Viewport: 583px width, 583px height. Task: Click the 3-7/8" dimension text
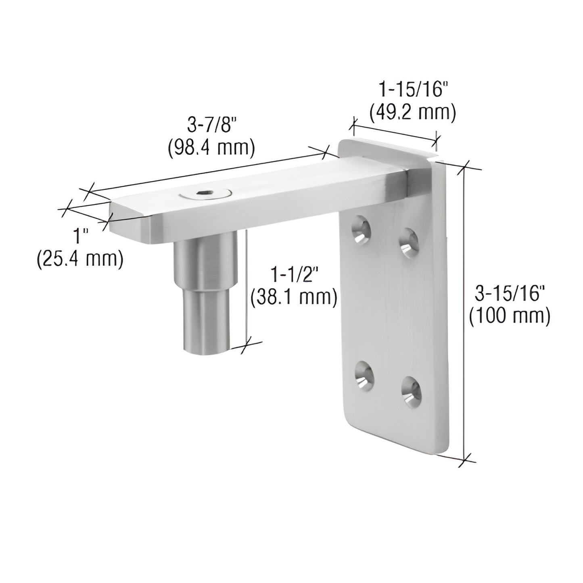coord(211,126)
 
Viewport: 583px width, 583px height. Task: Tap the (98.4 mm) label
coord(211,148)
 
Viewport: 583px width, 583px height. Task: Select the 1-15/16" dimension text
coord(412,89)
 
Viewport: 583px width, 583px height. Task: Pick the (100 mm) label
coord(510,316)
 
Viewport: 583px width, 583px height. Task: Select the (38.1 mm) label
coord(294,298)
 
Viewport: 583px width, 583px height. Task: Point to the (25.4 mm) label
coord(79,259)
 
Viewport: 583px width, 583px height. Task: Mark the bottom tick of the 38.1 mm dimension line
coord(245,345)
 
